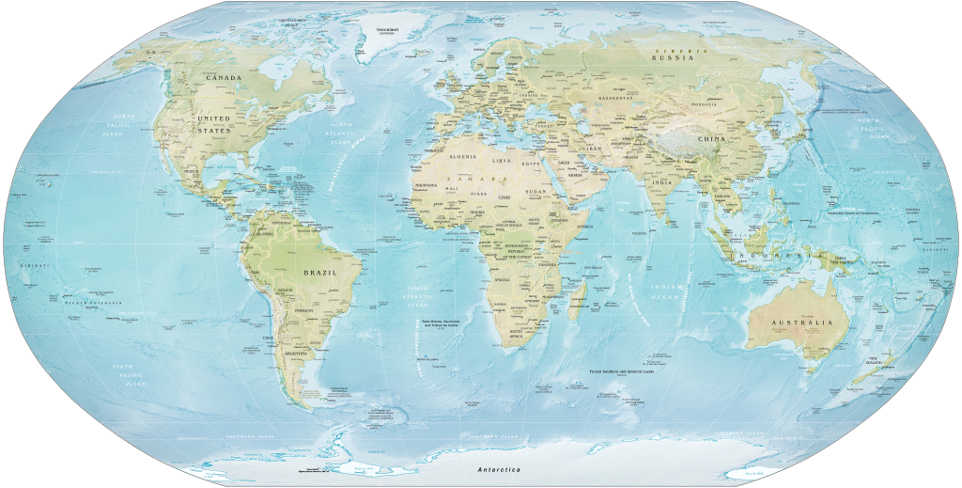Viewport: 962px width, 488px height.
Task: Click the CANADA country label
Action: (x=224, y=78)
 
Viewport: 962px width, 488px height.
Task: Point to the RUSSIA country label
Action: (x=674, y=57)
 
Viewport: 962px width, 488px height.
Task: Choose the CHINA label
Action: (x=711, y=138)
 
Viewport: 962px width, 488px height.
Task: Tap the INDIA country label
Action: (x=661, y=182)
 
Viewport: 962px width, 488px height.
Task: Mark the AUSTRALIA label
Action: (x=801, y=323)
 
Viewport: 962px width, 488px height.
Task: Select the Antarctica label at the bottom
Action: (x=499, y=468)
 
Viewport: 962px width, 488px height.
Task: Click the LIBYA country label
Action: (x=503, y=161)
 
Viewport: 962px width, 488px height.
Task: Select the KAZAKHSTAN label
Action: (x=616, y=98)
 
